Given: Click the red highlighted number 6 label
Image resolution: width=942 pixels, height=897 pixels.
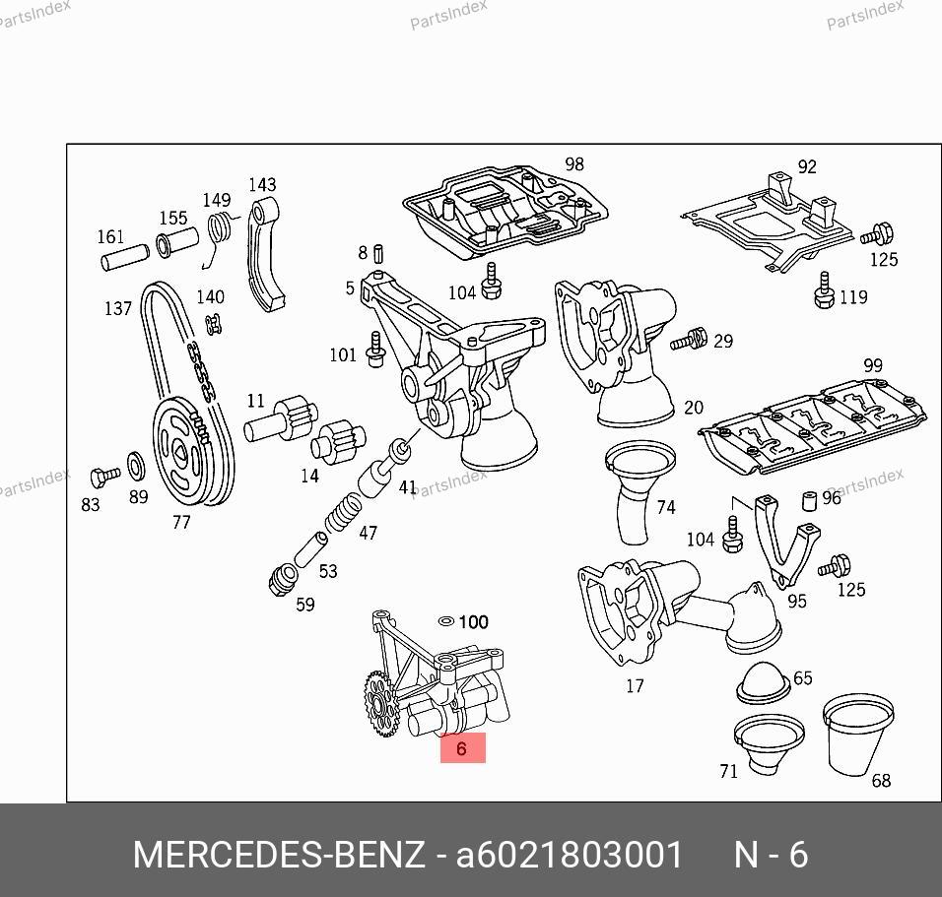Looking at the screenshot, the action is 462,748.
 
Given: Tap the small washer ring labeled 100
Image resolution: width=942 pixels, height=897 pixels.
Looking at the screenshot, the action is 446,621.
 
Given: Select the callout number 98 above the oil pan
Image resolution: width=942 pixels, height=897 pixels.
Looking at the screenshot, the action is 574,163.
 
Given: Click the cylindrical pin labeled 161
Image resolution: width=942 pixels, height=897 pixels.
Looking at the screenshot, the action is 124,258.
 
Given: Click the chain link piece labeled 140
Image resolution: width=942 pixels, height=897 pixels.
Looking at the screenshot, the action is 213,325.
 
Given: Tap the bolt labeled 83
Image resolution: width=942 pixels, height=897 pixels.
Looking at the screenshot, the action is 104,477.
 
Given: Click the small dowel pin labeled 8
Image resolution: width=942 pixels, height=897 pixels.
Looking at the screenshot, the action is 378,254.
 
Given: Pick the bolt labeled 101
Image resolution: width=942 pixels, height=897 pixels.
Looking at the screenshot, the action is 376,350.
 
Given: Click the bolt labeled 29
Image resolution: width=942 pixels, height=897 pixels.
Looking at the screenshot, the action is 689,341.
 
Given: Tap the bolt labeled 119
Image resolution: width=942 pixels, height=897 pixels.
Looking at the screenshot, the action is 824,290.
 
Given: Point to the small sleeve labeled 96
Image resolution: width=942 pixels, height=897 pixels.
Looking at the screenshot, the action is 809,501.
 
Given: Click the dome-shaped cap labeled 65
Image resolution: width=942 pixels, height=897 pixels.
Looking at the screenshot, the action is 763,682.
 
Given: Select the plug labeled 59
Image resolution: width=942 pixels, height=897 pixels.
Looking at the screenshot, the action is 283,579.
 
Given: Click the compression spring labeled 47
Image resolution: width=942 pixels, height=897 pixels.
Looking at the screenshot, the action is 344,513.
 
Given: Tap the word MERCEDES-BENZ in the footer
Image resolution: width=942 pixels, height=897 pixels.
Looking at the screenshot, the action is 279,855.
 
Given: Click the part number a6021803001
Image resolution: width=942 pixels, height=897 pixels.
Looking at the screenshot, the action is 570,855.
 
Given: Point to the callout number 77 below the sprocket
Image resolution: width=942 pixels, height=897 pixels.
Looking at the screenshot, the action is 181,523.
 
